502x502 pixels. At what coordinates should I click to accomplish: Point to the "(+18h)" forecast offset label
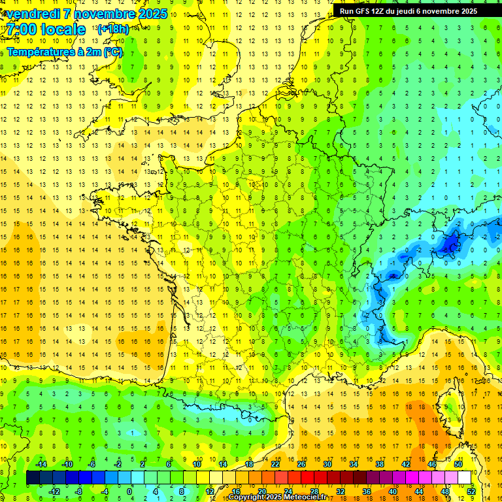(113, 29)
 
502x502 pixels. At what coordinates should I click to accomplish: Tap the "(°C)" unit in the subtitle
(112, 52)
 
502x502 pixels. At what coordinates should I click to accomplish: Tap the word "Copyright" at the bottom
(247, 497)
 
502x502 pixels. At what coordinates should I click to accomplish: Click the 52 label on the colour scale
(471, 491)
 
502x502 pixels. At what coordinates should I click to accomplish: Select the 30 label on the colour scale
(327, 464)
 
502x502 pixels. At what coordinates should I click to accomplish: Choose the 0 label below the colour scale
(129, 491)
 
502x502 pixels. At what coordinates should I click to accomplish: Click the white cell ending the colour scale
(464, 478)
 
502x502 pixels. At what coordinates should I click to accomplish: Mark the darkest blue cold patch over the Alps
(450, 244)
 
